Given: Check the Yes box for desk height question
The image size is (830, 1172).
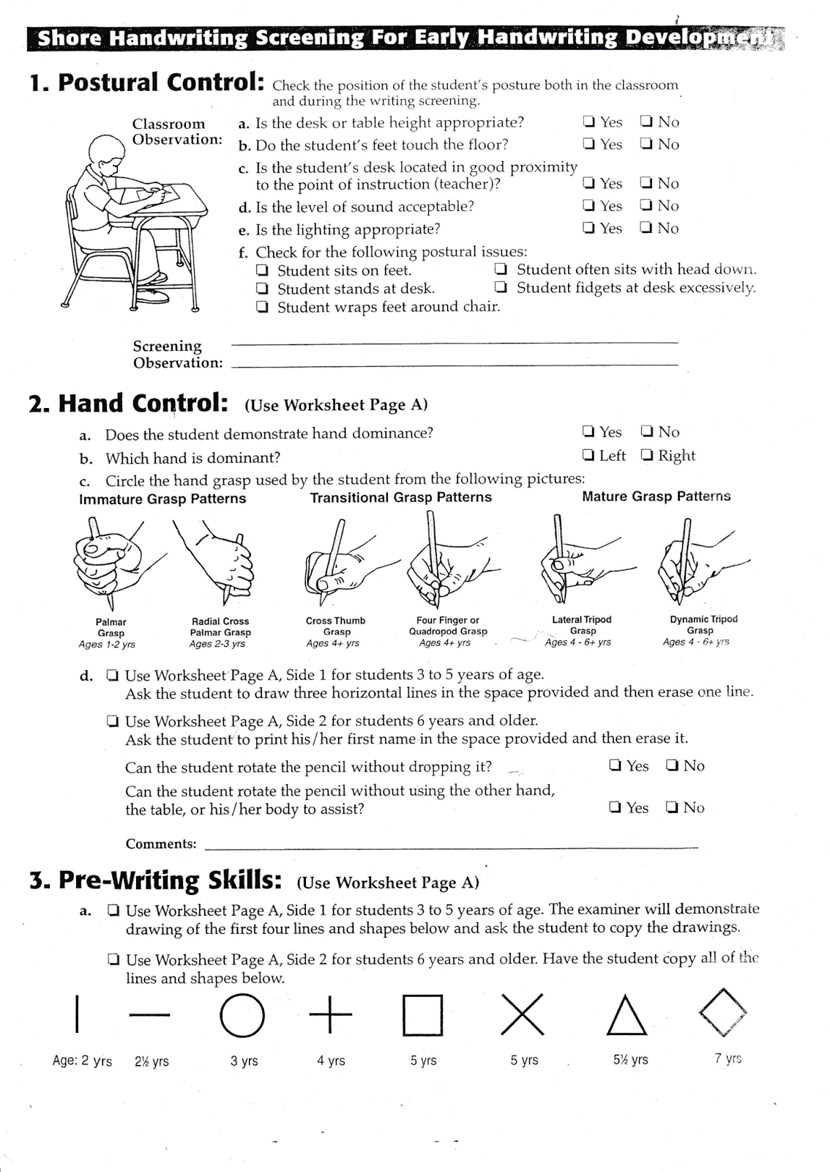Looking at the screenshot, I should point(589,122).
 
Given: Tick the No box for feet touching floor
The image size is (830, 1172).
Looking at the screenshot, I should point(646,144).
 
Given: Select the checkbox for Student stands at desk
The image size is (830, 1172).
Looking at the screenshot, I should point(262,289).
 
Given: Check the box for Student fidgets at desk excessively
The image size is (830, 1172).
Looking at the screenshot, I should point(501,287).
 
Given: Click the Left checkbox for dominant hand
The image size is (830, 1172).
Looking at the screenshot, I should point(588,455).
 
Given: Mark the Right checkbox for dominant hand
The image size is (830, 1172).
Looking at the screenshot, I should point(647,455).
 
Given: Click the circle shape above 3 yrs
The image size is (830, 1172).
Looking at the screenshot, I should point(242,1015).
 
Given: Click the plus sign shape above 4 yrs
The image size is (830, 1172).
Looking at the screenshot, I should point(331,1015).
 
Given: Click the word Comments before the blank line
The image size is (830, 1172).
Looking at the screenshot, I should point(161,844).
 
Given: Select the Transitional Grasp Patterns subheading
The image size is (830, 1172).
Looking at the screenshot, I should point(400,497).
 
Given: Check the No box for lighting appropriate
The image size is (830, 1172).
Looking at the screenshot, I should point(646,228).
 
